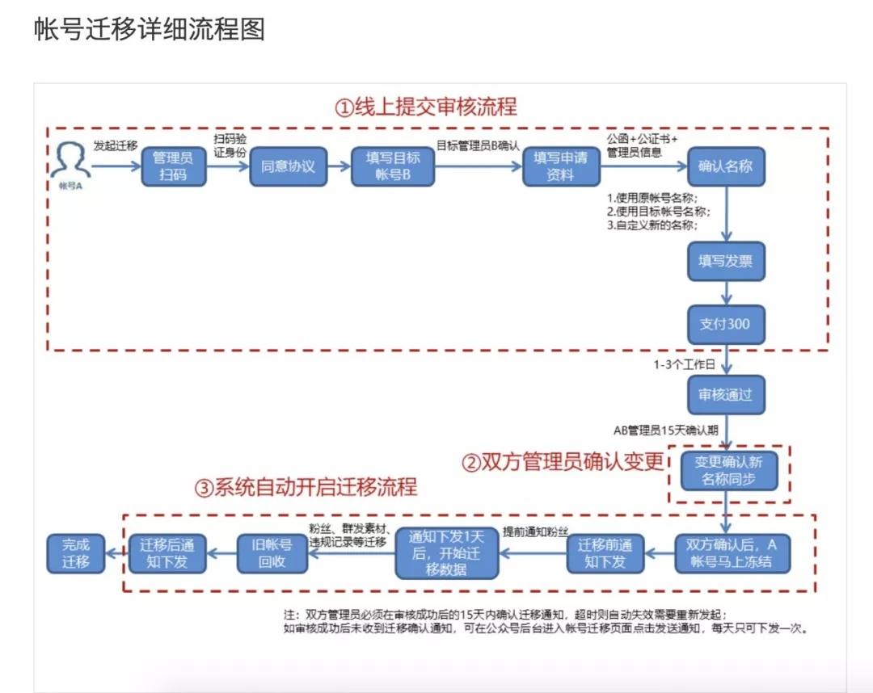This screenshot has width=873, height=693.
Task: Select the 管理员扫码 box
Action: [170, 166]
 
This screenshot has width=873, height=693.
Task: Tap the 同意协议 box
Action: [287, 166]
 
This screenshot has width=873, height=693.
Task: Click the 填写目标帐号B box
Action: [393, 166]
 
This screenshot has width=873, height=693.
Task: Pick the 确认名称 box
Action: [725, 166]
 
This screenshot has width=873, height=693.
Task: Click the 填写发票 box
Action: [725, 262]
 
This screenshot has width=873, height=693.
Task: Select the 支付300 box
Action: [725, 324]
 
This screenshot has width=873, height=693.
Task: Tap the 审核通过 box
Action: [725, 395]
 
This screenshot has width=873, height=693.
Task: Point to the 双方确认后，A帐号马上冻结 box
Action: [732, 552]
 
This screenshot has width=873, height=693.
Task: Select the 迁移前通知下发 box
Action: [605, 552]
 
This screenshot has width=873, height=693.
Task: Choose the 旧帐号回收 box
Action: [272, 552]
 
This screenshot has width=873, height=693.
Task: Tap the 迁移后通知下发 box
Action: [167, 552]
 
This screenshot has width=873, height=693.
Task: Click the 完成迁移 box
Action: [76, 552]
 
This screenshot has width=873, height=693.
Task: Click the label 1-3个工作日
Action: [685, 365]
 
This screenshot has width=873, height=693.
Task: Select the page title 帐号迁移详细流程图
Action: [150, 30]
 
